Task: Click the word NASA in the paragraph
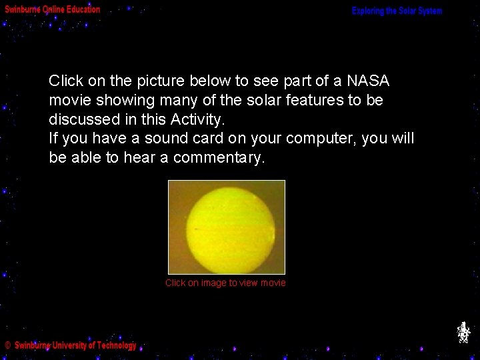coord(367,81)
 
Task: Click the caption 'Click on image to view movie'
coord(225,283)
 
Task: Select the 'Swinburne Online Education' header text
coord(53,9)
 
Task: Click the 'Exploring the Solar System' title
coord(397,11)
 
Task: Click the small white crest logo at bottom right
coord(463,332)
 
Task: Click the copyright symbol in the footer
coord(8,345)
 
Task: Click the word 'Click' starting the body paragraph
coord(66,81)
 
